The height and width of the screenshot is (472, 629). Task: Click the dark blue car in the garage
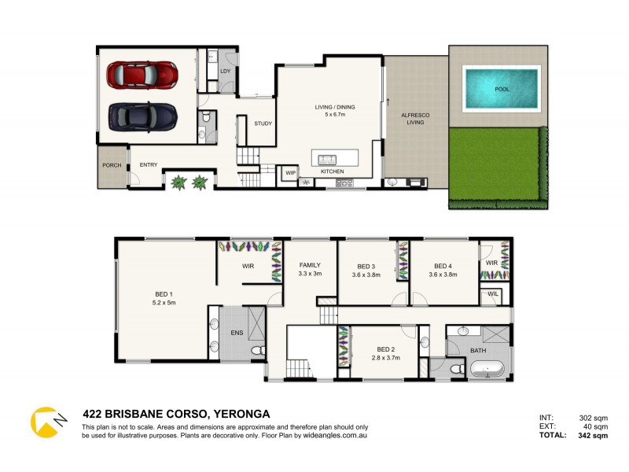coord(142,117)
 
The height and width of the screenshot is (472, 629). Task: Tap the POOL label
coord(502,89)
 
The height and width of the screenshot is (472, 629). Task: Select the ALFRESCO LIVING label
coord(414,119)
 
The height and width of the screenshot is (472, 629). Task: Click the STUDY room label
coord(263,124)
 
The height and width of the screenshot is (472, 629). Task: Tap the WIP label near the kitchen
coord(290,172)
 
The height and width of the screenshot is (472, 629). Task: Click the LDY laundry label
coord(226,72)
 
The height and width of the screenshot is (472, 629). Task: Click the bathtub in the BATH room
coord(487,368)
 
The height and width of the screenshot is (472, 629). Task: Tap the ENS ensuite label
coord(237,334)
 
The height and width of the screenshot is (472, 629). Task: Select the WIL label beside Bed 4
coord(493,294)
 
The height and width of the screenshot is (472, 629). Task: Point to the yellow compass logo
coord(45,422)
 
